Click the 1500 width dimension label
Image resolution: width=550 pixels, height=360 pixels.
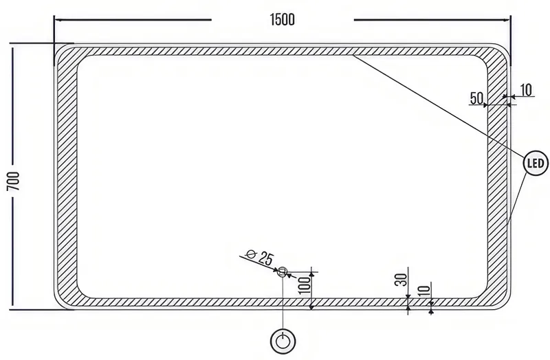tap(283, 20)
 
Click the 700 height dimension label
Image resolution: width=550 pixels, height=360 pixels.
tap(13, 181)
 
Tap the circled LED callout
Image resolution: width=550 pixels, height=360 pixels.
tap(536, 163)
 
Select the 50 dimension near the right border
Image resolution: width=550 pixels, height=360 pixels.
tap(476, 98)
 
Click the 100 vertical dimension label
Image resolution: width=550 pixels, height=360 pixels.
tap(305, 284)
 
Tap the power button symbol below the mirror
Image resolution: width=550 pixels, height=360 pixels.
tap(283, 341)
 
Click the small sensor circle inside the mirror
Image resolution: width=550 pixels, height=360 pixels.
tap(283, 271)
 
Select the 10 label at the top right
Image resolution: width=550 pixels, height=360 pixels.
tap(525, 90)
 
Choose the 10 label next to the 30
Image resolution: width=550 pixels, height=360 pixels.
tap(424, 291)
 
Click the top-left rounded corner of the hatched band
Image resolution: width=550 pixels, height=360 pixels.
tap(67, 56)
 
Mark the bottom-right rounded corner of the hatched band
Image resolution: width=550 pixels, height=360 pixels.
tap(497, 297)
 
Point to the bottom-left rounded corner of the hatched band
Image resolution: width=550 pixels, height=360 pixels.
tap(67, 297)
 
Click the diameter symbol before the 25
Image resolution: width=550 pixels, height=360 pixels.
tap(251, 254)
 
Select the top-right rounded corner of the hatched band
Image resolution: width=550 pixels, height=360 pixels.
tap(497, 56)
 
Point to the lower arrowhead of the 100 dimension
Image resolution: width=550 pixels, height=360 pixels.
tap(311, 306)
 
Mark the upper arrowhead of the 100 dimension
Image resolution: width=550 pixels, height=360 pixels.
tap(311, 274)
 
